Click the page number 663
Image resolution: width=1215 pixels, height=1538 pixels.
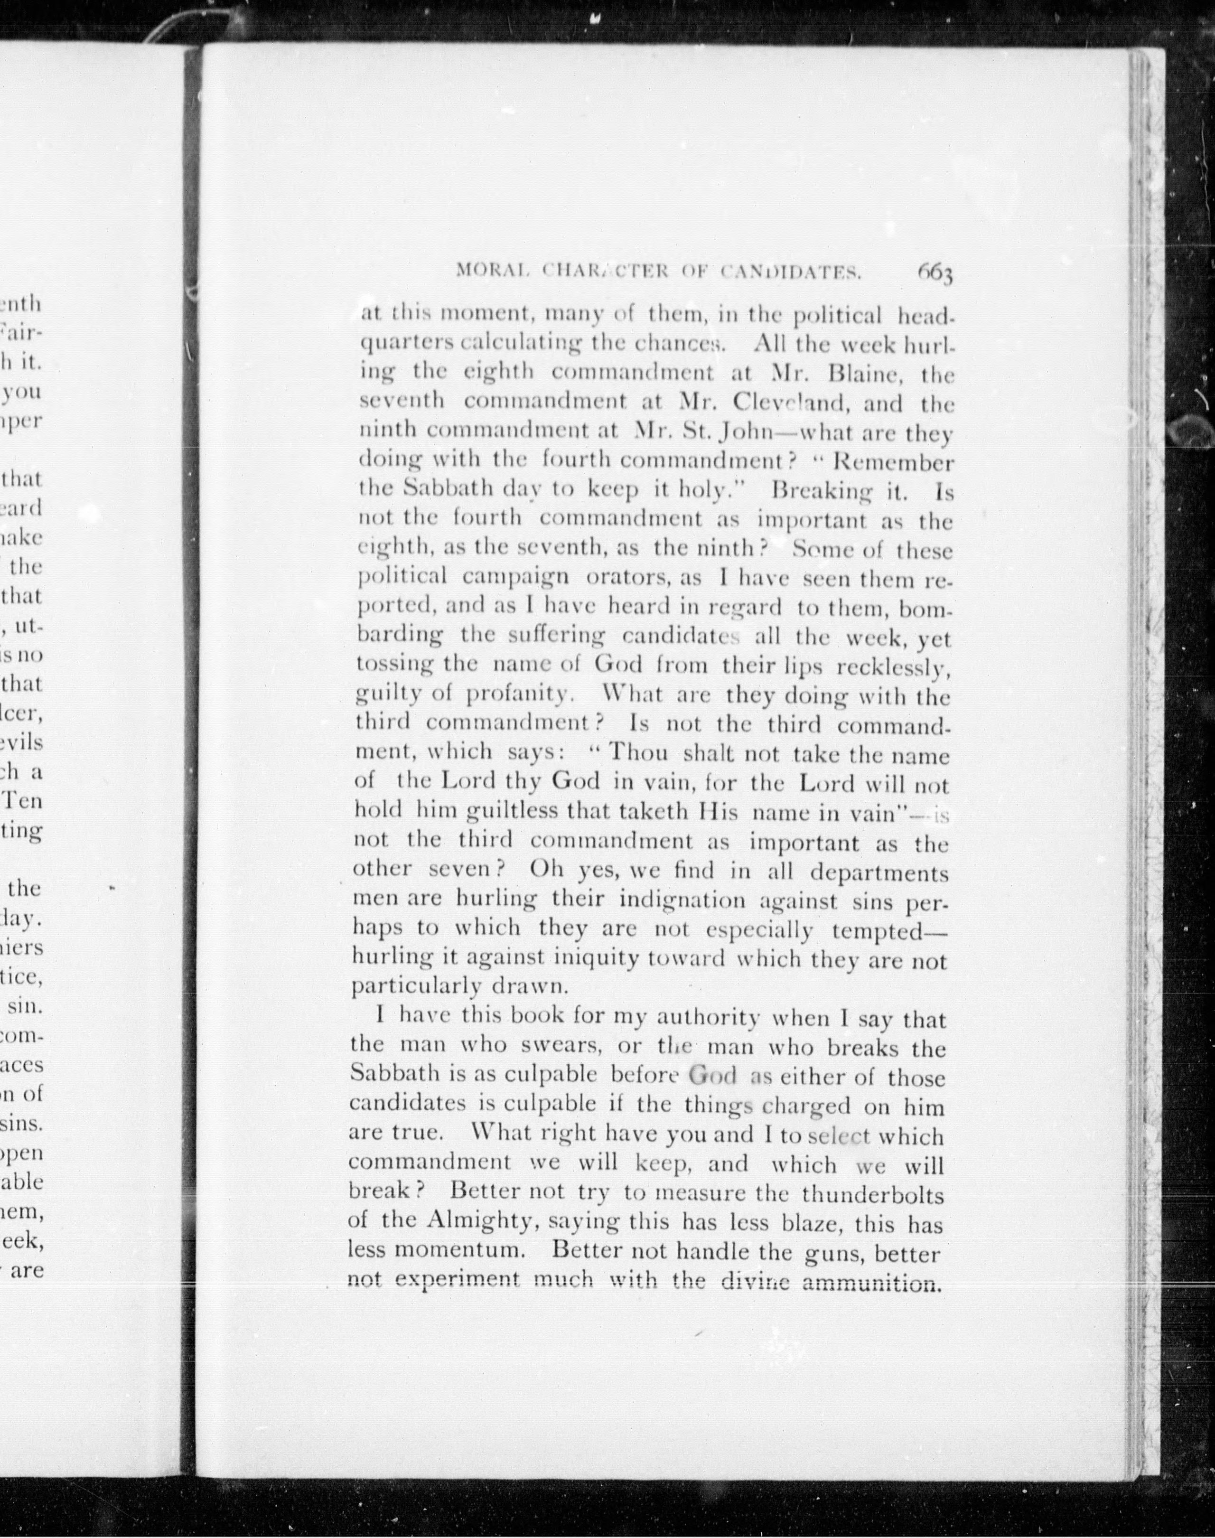[934, 272]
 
